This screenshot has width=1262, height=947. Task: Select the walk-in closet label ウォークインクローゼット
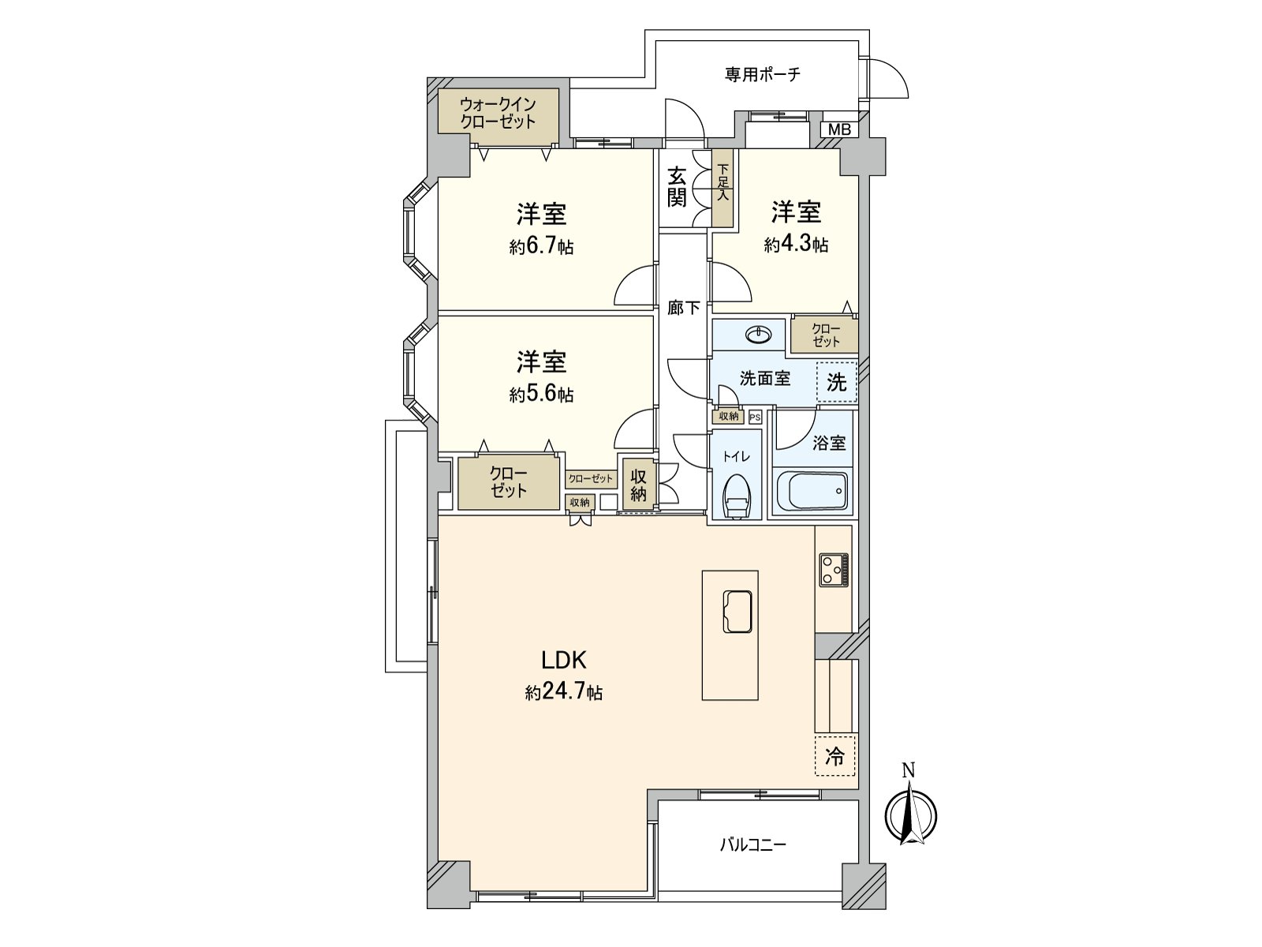coord(498,113)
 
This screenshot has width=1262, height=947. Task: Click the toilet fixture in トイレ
coord(737,496)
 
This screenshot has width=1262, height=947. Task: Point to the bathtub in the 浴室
coord(812,492)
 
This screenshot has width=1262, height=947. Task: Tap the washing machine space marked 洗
coord(837,383)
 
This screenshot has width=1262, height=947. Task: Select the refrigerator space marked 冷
coord(834,757)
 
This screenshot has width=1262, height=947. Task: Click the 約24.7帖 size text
coord(565,693)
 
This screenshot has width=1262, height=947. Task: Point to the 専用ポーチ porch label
coord(763,75)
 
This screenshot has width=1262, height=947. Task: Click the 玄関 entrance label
coord(677,187)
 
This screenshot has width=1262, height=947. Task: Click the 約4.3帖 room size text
coord(796,245)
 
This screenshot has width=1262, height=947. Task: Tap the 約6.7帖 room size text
coord(541,247)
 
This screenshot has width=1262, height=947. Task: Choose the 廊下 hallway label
coord(683,309)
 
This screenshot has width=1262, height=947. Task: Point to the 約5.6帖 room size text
coord(541,395)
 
